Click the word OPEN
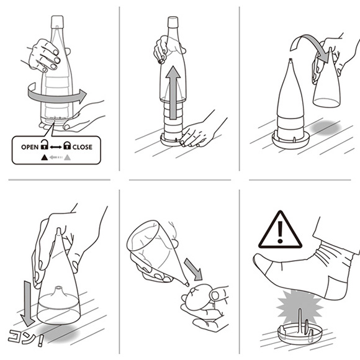pos(30,147)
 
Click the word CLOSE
pos(83,147)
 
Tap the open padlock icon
pos(44,145)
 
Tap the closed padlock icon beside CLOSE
pos(67,145)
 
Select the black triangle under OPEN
pos(44,158)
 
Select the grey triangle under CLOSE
pos(67,158)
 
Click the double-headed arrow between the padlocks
pos(56,147)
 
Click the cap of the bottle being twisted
pos(57,22)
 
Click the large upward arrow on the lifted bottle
pos(173,92)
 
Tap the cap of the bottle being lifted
pos(173,22)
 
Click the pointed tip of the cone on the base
pos(290,60)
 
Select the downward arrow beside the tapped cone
pos(27,303)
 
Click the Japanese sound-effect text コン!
pos(25,338)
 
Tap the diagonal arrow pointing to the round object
pos(193,269)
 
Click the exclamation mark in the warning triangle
pos(280,232)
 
